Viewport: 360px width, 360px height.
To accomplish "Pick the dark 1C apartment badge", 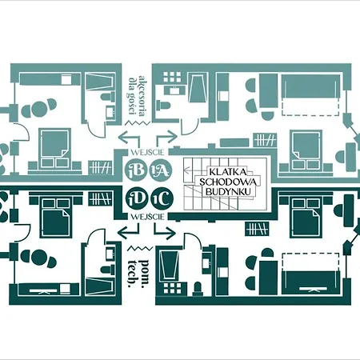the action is (x=162, y=199).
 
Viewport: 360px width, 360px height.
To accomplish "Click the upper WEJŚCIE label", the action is (x=147, y=152).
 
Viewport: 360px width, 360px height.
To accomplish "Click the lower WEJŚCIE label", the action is (x=147, y=217).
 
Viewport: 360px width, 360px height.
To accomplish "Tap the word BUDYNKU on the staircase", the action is (x=229, y=191).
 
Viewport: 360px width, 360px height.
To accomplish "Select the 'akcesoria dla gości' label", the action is (x=137, y=95).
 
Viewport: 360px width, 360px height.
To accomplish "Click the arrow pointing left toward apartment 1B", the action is (x=130, y=138).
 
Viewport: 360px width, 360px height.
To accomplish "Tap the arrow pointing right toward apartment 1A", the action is (x=166, y=138).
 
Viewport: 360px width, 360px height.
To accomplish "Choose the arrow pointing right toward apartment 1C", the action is (x=165, y=231).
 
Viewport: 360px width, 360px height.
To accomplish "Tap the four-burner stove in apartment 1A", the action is (x=173, y=77).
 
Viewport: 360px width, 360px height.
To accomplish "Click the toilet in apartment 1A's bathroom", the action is (x=163, y=105).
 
